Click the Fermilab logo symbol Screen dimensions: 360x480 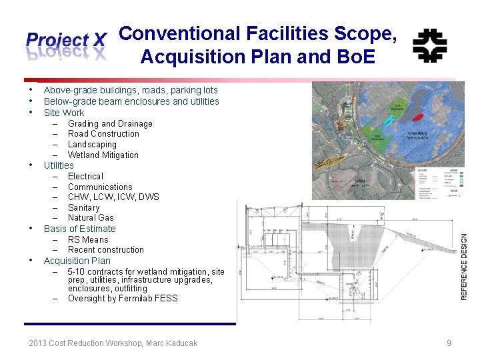coord(429,45)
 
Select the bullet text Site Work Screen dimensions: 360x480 coord(64,113)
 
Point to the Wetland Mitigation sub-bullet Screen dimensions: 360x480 coord(103,155)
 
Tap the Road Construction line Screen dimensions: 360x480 coord(103,133)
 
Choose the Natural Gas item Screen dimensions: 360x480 coord(91,217)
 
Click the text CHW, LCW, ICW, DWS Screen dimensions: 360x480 coord(113,197)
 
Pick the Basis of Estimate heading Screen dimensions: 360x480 coord(79,229)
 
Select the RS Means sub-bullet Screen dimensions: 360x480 coord(88,239)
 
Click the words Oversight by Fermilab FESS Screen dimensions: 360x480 coord(123,298)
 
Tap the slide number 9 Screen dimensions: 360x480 coord(449,343)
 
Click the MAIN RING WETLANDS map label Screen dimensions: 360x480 coord(421,135)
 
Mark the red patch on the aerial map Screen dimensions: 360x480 coord(417,117)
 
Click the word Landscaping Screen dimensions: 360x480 coord(92,144)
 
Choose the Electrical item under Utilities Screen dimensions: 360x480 coord(85,176)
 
